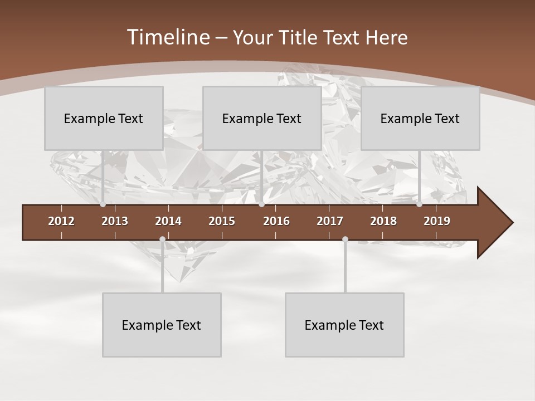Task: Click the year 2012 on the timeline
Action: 61,221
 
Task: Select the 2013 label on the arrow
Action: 115,221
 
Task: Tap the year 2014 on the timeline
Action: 168,221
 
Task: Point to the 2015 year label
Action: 222,221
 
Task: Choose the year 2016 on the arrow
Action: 276,221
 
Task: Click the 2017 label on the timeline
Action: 330,221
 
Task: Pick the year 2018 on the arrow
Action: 383,221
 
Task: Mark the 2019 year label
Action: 437,221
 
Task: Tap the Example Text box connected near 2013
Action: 104,118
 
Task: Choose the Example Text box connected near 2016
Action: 262,118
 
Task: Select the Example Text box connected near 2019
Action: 420,118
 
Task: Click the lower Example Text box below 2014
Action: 162,325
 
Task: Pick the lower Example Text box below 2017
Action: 344,325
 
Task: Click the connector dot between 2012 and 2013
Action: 103,204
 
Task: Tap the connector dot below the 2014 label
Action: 162,239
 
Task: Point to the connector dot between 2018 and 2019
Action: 419,204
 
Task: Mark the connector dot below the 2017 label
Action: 345,239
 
